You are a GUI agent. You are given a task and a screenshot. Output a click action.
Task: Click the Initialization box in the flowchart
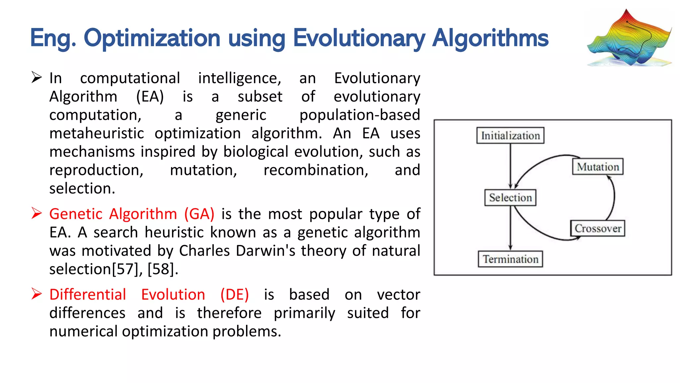pos(510,135)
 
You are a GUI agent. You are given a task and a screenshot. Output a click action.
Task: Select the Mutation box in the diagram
pos(598,167)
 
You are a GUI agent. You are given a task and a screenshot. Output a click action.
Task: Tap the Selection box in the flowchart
pos(510,197)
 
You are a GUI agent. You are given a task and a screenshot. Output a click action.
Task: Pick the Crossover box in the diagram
pos(598,228)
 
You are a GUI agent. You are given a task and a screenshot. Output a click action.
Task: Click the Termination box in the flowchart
pos(510,259)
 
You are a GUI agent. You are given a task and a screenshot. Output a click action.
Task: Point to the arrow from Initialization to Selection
pos(510,165)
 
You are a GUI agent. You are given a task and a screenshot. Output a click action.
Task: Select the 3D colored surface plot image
pos(629,38)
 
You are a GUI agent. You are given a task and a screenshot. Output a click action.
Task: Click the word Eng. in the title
pos(53,38)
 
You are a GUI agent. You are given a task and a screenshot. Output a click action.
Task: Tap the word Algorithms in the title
pos(490,38)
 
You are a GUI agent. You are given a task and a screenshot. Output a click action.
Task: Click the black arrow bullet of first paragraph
pos(37,77)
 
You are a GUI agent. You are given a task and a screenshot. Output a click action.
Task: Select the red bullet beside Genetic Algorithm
pos(37,213)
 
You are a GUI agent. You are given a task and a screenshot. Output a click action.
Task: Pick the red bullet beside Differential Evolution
pos(37,294)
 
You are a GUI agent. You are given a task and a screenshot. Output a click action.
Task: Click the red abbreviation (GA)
pos(199,214)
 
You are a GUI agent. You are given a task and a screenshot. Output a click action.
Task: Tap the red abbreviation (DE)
pos(234,295)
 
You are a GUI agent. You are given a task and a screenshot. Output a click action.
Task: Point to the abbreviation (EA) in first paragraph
pos(150,97)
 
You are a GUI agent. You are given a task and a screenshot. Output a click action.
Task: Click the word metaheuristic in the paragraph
pos(97,133)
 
